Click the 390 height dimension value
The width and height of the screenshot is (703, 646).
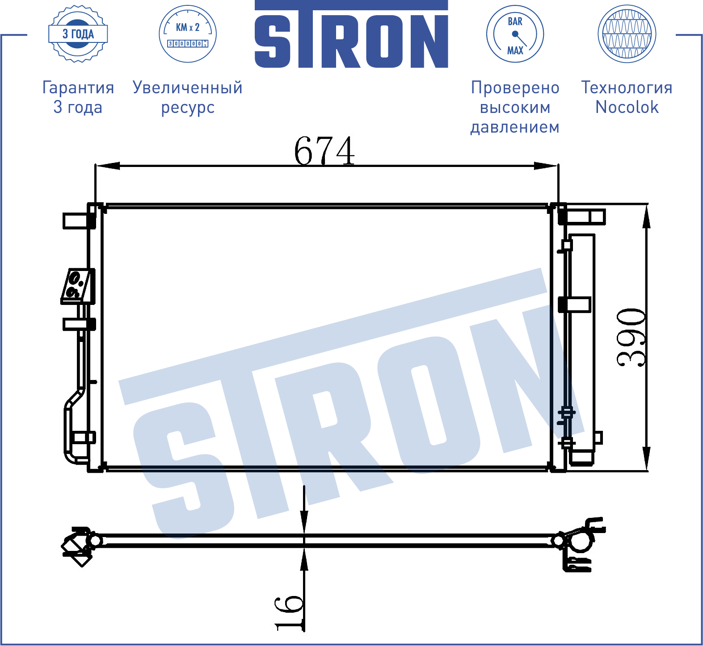point(631,338)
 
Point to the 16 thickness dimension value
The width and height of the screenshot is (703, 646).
point(289,612)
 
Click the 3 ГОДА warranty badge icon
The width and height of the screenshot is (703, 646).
point(78,34)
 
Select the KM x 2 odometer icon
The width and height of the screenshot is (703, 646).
point(188,34)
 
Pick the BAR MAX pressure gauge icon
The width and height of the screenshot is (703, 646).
point(515,34)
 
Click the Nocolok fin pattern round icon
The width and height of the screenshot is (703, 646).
point(627,34)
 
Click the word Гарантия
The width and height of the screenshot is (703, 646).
point(78,88)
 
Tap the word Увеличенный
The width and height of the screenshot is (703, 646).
point(188,88)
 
